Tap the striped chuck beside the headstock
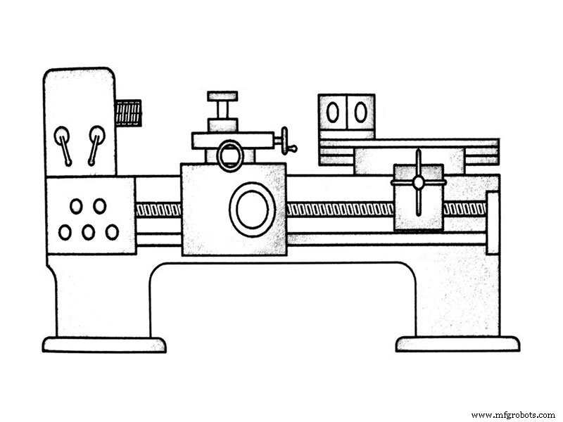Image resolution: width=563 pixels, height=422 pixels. click(x=129, y=113)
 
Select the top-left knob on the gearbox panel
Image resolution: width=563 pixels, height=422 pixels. click(x=76, y=206)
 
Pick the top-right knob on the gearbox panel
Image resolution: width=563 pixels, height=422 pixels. click(x=100, y=206)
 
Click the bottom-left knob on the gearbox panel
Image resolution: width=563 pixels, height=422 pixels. click(x=65, y=231)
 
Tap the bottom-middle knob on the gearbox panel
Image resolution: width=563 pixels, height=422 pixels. click(x=88, y=231)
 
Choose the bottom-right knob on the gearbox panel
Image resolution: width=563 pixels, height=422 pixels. click(x=112, y=231)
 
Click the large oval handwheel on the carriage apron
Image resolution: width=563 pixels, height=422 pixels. click(x=252, y=210)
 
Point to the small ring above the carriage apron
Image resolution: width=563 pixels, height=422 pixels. click(x=230, y=155)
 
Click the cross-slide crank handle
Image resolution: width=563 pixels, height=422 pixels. click(x=286, y=140)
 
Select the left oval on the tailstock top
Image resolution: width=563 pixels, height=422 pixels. click(x=332, y=112)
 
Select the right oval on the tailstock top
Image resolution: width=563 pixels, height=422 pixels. click(x=360, y=112)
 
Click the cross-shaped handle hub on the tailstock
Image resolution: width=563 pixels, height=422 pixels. click(x=419, y=182)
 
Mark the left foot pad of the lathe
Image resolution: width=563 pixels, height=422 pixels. click(x=104, y=345)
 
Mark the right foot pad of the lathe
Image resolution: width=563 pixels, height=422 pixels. click(x=457, y=344)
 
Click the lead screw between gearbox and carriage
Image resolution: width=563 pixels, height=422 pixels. click(x=158, y=210)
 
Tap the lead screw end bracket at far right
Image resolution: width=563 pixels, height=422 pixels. click(x=493, y=222)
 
